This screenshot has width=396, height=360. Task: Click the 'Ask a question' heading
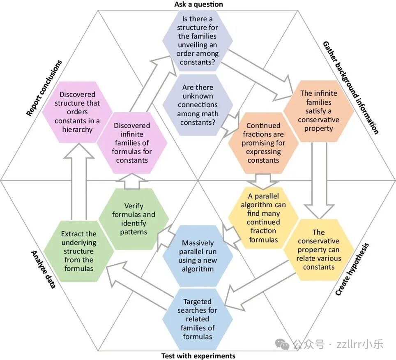pos(198,5)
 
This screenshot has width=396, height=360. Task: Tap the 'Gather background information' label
pos(350,88)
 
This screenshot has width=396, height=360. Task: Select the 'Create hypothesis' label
pos(352,269)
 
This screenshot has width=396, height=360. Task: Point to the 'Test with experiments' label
pos(198,355)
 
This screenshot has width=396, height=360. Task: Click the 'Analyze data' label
pos(43,269)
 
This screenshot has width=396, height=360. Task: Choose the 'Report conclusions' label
pos(44,88)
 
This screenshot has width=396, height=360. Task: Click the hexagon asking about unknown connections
pos(198,105)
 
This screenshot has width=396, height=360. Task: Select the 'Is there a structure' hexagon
pos(198,40)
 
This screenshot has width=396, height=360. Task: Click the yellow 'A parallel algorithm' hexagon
pos(263,218)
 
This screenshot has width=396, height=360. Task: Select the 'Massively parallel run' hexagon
pos(198,256)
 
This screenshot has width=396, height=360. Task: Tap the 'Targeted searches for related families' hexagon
pos(198,319)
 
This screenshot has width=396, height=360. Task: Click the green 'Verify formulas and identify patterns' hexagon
pos(134,219)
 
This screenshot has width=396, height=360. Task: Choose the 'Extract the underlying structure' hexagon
pos(79,251)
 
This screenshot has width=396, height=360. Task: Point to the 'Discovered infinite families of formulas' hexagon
pos(132,143)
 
